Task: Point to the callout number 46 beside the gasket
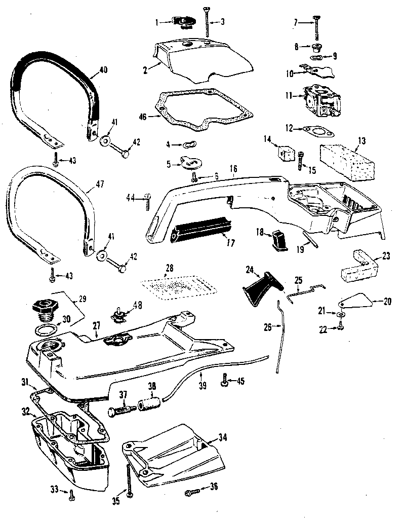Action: (143, 116)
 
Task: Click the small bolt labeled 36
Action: (191, 491)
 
